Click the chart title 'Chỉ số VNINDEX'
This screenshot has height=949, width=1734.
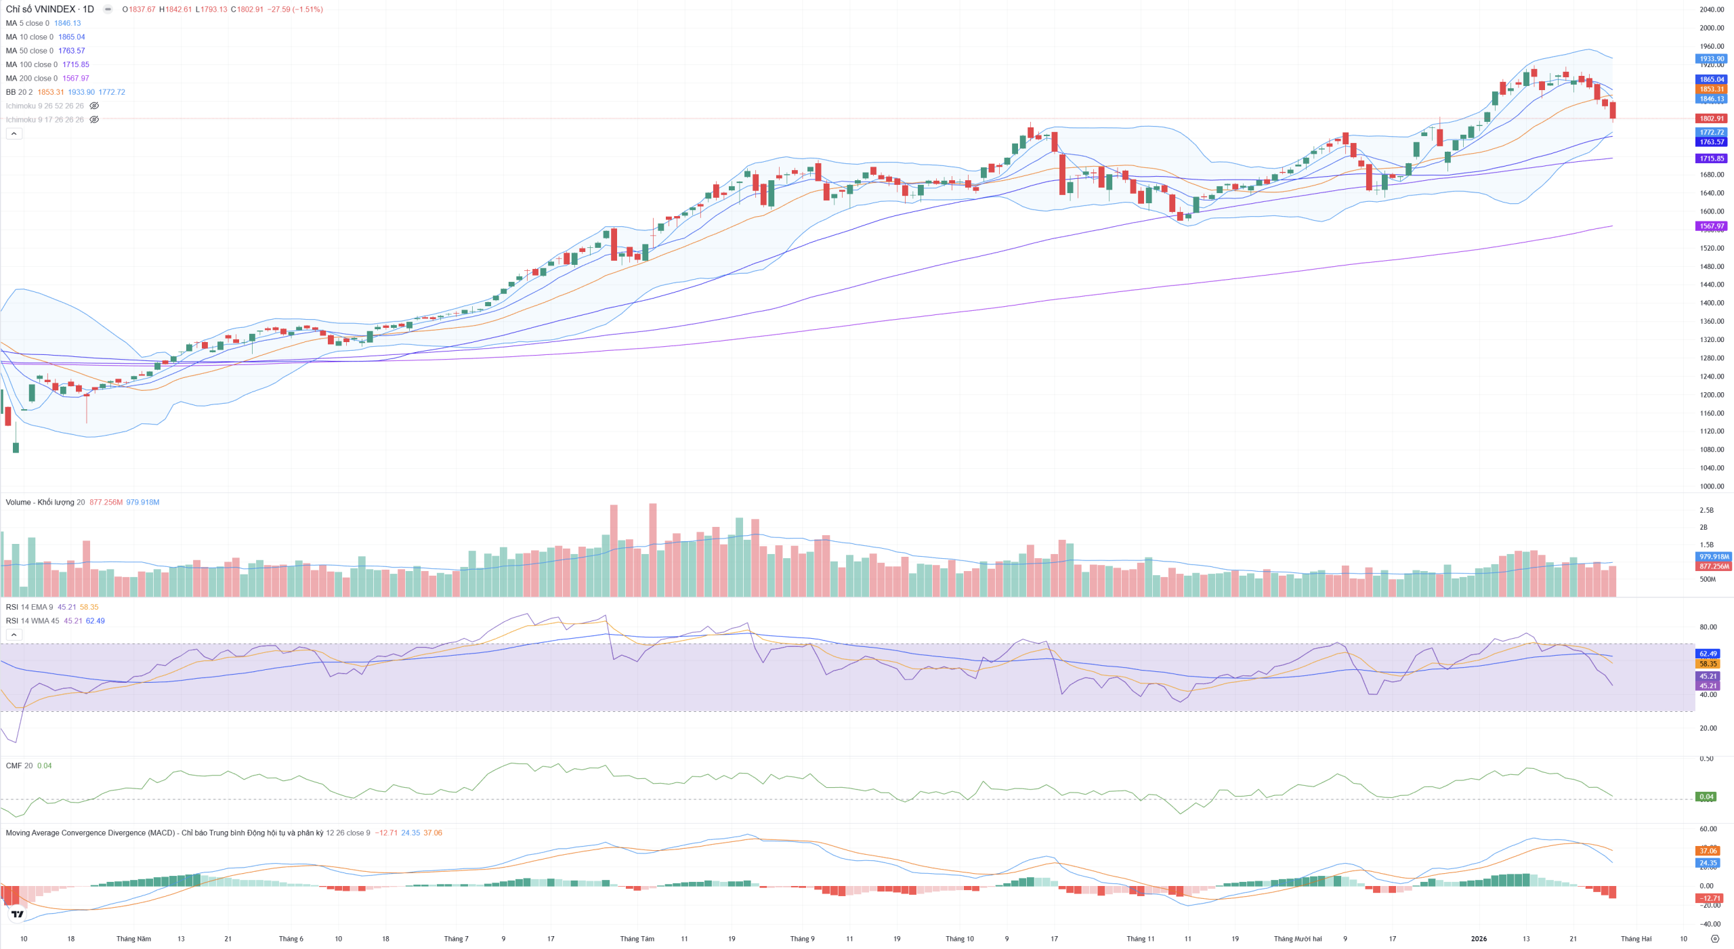[41, 9]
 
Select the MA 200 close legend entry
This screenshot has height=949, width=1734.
[32, 79]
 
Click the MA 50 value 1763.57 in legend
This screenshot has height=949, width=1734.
[71, 51]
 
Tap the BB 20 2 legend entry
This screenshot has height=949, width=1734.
[19, 92]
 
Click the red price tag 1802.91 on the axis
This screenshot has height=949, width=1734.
[1711, 119]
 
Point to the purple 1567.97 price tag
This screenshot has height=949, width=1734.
[1711, 226]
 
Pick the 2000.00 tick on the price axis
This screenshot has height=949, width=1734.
[1711, 28]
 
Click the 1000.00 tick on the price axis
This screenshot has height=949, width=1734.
[1711, 486]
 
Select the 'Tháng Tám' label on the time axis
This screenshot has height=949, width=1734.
[637, 939]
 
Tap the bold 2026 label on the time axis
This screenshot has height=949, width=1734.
[1479, 939]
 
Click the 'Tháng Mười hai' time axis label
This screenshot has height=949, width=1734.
[1297, 939]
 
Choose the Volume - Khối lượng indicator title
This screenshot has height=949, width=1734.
[41, 503]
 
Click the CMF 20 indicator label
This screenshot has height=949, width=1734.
[19, 766]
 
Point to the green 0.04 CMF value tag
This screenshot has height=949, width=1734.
[1706, 797]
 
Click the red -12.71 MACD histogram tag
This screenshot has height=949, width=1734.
[1708, 898]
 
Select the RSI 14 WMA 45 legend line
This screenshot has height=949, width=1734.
[33, 621]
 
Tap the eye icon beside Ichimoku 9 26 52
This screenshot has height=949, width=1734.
[94, 106]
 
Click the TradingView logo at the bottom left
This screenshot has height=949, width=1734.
[18, 914]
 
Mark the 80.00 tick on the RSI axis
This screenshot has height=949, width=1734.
[1708, 627]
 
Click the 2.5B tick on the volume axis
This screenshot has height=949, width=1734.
[1706, 510]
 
